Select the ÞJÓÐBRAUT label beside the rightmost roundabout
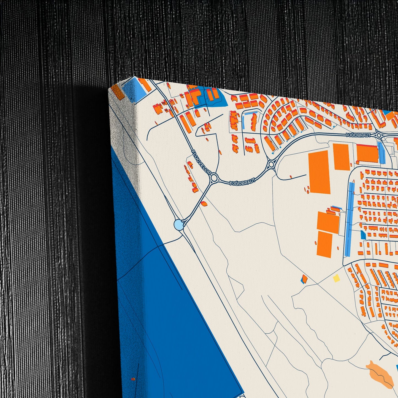359,135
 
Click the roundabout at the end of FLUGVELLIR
214,178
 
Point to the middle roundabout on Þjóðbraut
271,165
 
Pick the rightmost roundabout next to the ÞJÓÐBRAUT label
379,135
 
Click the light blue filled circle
178,224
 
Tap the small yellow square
336,278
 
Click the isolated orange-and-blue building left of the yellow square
304,279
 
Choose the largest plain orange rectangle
320,172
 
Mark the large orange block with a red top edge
367,153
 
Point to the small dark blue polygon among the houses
364,235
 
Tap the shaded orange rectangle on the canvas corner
118,92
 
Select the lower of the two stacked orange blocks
325,244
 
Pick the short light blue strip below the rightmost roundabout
382,153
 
